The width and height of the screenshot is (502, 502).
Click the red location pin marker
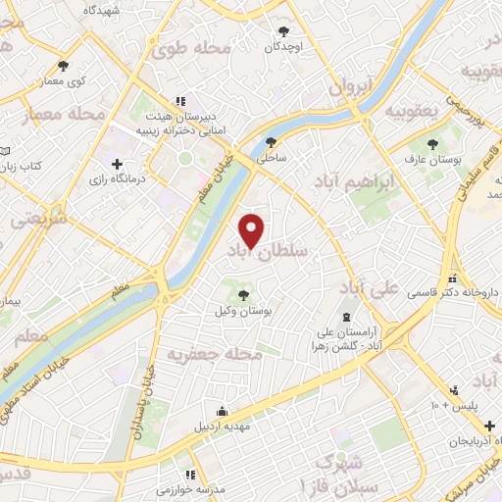point(253,230)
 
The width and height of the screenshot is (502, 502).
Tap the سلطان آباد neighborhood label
point(267,252)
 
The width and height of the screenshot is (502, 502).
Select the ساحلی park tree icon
point(270,140)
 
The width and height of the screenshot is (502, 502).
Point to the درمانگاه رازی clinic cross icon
point(118,164)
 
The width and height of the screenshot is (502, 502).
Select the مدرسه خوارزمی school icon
point(178,471)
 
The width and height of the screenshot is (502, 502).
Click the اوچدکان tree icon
point(285,30)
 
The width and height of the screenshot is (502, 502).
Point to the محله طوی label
point(197,48)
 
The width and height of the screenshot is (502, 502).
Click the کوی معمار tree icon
point(63,65)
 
